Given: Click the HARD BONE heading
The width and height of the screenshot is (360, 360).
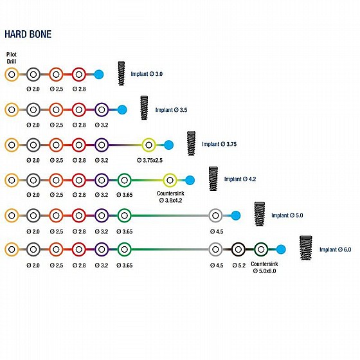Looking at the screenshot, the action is click(x=28, y=34).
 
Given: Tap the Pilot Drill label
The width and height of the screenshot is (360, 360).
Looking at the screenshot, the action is click(x=12, y=58).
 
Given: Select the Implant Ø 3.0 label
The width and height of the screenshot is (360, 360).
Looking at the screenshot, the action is click(x=147, y=74).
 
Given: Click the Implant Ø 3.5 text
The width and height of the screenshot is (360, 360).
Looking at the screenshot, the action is click(x=171, y=110).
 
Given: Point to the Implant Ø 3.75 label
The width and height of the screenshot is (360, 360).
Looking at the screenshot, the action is click(x=219, y=144).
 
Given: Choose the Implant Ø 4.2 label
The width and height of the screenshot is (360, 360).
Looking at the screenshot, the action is click(x=240, y=179).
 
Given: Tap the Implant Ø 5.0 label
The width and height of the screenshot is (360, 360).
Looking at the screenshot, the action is click(x=287, y=215).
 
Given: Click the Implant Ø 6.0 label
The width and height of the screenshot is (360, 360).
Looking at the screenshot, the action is click(x=335, y=249).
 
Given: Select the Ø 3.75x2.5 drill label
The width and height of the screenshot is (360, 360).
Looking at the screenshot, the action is click(x=150, y=160).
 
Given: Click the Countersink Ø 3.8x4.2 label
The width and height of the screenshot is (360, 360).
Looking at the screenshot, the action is click(x=170, y=197).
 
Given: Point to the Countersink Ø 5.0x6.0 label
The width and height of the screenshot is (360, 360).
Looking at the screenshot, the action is click(x=264, y=267).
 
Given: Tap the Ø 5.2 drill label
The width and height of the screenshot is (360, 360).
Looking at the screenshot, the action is click(x=239, y=265).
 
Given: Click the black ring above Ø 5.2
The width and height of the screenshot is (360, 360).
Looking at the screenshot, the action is click(x=238, y=243).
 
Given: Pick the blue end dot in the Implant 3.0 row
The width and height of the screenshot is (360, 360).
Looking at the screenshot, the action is click(x=99, y=75).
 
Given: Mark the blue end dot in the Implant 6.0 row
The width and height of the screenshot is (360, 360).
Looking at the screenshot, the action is click(x=281, y=249).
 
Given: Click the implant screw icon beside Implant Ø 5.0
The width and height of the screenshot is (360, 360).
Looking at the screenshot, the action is click(x=260, y=214).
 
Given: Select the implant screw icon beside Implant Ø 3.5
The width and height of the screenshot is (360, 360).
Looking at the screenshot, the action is click(x=144, y=108).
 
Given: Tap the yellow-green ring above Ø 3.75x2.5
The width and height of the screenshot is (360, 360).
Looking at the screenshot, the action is click(x=148, y=139).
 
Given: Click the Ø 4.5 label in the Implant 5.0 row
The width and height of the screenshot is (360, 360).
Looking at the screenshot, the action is click(x=217, y=231).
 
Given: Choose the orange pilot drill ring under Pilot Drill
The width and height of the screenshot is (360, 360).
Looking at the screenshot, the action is click(x=12, y=68).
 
